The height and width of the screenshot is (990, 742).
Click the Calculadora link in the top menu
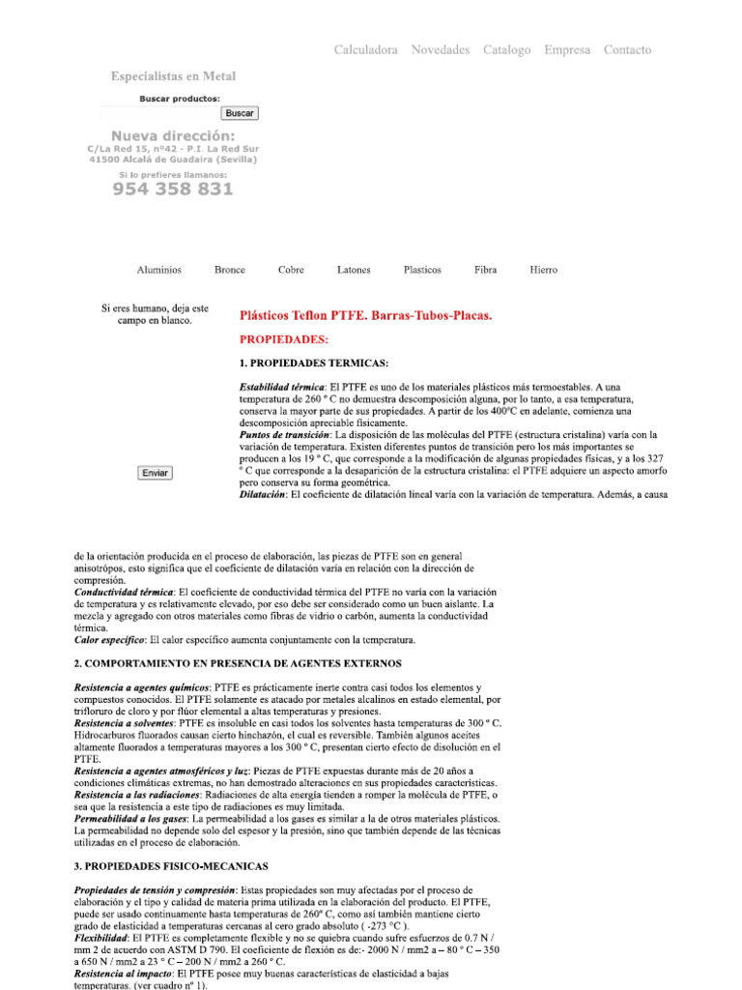coord(365,50)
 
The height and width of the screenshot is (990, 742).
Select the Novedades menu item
coord(440,50)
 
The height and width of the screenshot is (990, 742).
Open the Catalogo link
coord(506,50)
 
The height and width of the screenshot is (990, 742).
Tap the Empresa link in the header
coord(567,50)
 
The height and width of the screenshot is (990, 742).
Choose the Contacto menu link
coord(627,50)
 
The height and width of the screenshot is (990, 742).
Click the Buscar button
coord(240,113)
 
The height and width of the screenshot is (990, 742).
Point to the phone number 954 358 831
coord(173,189)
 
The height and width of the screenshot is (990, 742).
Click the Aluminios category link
coord(158,270)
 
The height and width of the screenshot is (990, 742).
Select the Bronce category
coord(230,270)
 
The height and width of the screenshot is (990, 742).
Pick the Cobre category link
coord(291,270)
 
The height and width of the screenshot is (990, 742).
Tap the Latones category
coord(354,270)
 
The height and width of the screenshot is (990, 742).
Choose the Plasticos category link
coord(422,270)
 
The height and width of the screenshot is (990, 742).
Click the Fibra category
coord(486,270)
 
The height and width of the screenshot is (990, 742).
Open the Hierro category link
coord(543,270)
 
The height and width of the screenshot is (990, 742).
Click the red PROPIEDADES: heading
coord(284,339)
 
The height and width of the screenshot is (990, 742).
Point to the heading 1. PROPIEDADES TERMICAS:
coord(314,364)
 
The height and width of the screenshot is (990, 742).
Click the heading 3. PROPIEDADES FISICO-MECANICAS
coord(171,865)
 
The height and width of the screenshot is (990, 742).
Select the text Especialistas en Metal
coord(173,76)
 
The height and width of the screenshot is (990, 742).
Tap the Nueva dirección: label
coord(173,135)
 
